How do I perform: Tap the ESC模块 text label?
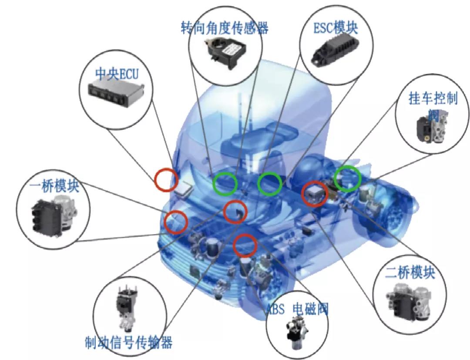pyautogui.click(x=336, y=28)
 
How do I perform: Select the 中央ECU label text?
pyautogui.click(x=117, y=74)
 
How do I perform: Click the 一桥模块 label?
pyautogui.click(x=55, y=186)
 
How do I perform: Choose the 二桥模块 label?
pyautogui.click(x=410, y=273)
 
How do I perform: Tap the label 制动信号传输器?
pyautogui.click(x=129, y=342)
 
